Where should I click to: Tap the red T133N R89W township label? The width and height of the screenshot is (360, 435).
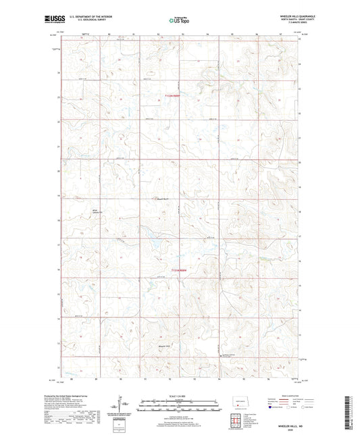pyautogui.click(x=175, y=97)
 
